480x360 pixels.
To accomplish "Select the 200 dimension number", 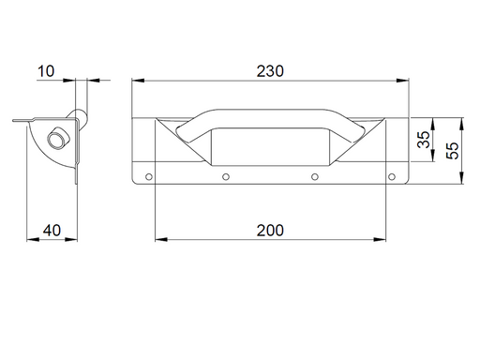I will pos(269,230).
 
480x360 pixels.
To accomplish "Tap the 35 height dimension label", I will pos(423,141).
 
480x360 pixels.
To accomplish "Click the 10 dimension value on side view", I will pos(48,71).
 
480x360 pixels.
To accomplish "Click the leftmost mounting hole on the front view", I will pos(148,175).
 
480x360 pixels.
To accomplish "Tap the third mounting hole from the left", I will pos(315,175).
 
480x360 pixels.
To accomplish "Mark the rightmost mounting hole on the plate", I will pos(392,175).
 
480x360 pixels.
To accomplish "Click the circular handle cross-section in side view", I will pos(58,138).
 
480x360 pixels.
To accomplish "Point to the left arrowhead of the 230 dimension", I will pos(135,81).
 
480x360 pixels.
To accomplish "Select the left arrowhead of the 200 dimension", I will pos(157,239).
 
